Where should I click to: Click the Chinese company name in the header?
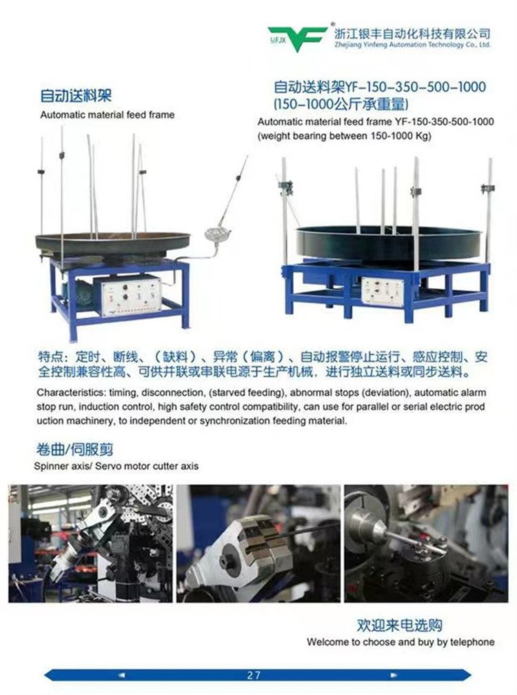tap(412, 33)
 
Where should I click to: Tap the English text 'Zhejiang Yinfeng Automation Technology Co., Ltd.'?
tap(412, 45)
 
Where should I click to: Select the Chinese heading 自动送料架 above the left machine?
tap(76, 95)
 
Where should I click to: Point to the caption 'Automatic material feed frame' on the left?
tap(108, 114)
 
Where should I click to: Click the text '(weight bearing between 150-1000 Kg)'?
tap(344, 136)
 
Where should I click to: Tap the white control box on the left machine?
tap(132, 295)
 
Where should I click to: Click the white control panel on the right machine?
tap(383, 292)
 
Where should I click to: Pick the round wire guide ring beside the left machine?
tap(218, 234)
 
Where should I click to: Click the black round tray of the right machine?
tap(388, 242)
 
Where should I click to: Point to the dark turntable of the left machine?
tap(112, 243)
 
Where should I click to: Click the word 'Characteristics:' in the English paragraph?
tap(70, 393)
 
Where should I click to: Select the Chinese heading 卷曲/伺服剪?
tap(74, 449)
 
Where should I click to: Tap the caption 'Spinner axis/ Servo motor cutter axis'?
tap(116, 466)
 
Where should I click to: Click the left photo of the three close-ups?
tap(90, 543)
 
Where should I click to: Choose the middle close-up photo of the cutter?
tap(258, 543)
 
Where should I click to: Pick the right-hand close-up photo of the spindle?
tap(426, 543)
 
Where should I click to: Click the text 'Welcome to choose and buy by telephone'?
tap(401, 642)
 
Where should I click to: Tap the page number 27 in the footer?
tap(254, 675)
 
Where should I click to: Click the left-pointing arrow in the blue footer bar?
tap(121, 676)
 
